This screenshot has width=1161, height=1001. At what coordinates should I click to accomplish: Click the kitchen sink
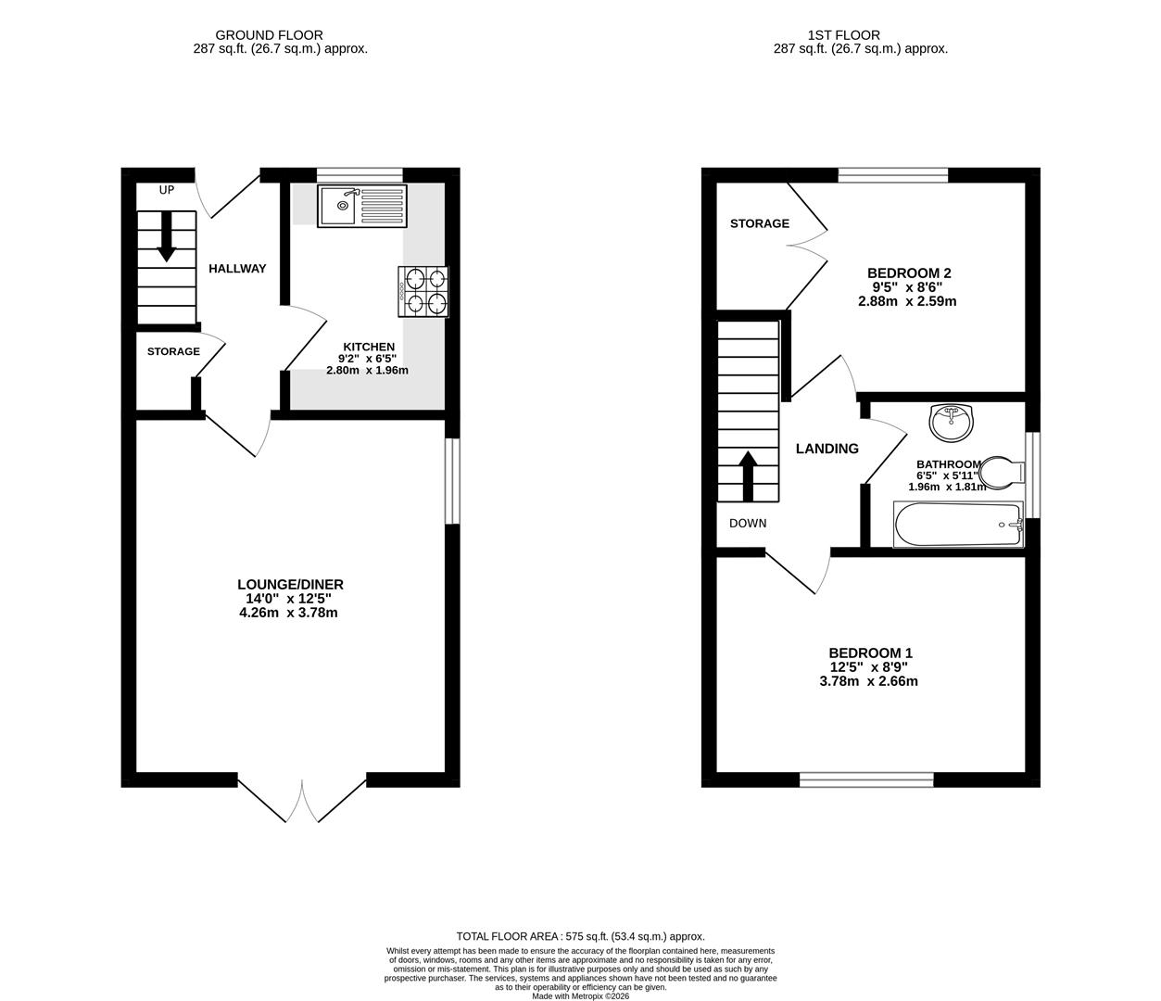(x=360, y=206)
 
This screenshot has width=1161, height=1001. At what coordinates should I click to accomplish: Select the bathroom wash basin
(x=952, y=423)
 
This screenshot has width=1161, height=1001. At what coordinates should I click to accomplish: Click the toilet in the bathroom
(x=1000, y=472)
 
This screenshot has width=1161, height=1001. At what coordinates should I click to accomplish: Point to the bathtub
(x=958, y=525)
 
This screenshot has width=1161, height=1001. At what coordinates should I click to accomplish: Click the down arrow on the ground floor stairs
(x=167, y=236)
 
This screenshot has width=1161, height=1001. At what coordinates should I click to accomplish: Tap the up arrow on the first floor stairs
(x=747, y=475)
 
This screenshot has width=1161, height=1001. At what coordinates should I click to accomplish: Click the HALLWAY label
(x=237, y=269)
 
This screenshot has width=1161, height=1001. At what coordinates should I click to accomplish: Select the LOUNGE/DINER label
(x=290, y=584)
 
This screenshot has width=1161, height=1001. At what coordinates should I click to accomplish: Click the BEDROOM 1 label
(x=870, y=653)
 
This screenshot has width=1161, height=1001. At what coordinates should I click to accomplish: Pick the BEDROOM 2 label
(x=908, y=273)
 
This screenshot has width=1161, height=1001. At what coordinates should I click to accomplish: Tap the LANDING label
(x=827, y=449)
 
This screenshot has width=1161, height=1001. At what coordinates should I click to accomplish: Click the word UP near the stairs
(x=167, y=191)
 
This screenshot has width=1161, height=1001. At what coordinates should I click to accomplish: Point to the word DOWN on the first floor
(x=748, y=523)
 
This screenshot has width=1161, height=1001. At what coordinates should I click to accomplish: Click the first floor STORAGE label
(x=759, y=223)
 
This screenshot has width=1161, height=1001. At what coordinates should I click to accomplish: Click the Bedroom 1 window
(x=866, y=779)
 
